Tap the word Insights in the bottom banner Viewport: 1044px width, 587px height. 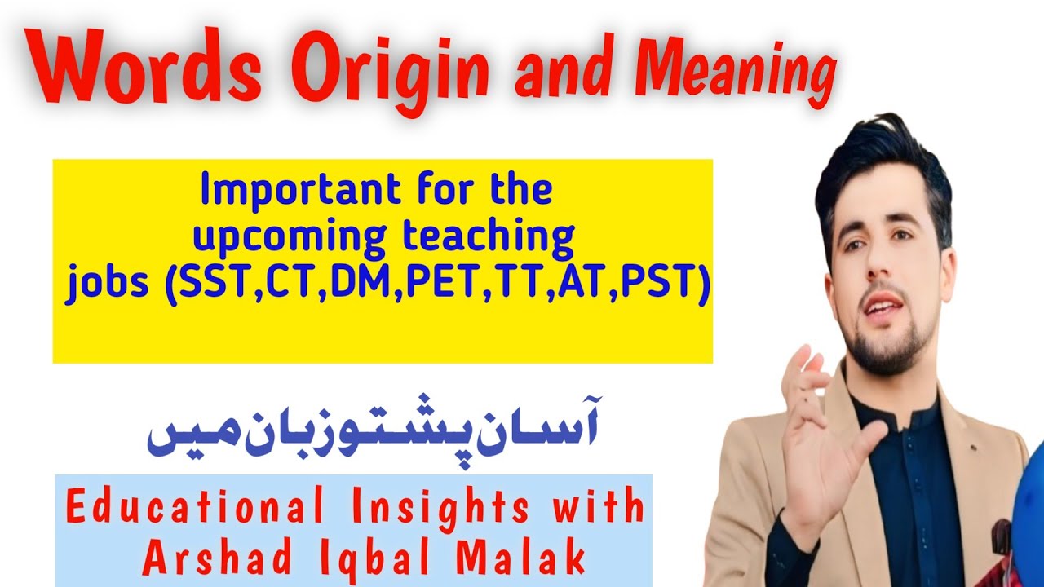(x=434, y=508)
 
